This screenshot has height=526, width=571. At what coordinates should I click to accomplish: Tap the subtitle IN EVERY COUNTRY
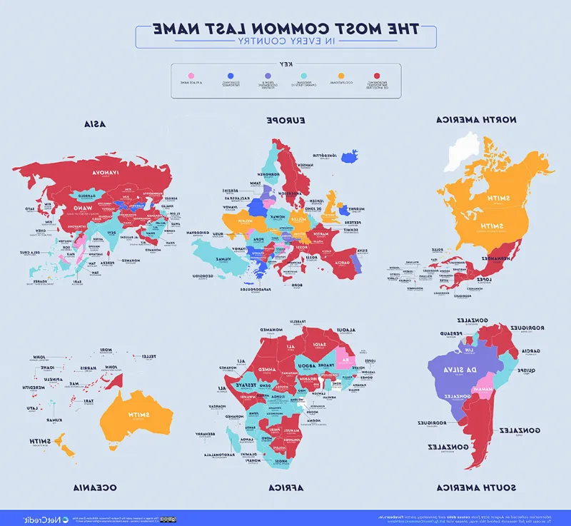coord(285,42)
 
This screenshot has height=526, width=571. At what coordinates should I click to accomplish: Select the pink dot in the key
coord(191,75)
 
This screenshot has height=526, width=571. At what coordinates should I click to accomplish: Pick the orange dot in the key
coord(341,75)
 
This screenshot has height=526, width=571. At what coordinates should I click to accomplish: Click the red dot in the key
coord(379,75)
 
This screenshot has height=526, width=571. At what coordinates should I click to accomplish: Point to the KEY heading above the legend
coord(285,65)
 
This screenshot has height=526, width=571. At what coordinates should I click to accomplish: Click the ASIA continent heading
coord(93,123)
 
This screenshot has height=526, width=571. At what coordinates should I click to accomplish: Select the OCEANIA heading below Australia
coord(94,487)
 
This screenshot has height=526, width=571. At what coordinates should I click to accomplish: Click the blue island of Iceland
coord(350,156)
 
